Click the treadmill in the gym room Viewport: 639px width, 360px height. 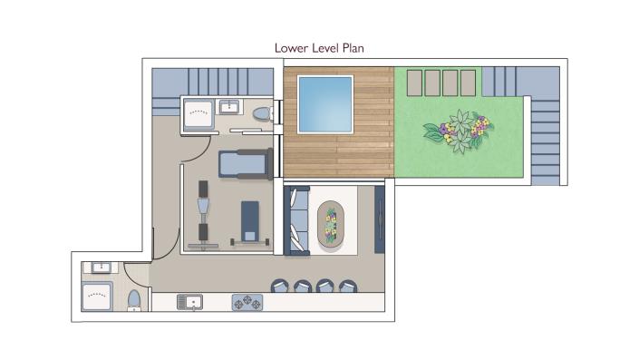tap(245, 163)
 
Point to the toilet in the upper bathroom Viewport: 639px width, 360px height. tap(261, 114)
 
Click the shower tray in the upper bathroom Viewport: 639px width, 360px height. tap(197, 114)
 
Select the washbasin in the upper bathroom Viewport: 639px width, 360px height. tap(230, 107)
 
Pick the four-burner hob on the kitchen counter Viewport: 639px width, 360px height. tap(247, 301)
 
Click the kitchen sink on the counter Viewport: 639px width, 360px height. tap(190, 301)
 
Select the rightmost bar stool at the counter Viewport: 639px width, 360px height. tap(347, 287)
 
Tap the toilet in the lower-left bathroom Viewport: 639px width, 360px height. tap(133, 300)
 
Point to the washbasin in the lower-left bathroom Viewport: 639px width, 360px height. tap(99, 268)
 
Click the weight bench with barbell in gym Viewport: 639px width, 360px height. tap(249, 224)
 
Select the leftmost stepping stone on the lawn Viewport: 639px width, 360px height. tap(413, 83)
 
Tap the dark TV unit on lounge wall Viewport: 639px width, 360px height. tap(380, 220)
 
